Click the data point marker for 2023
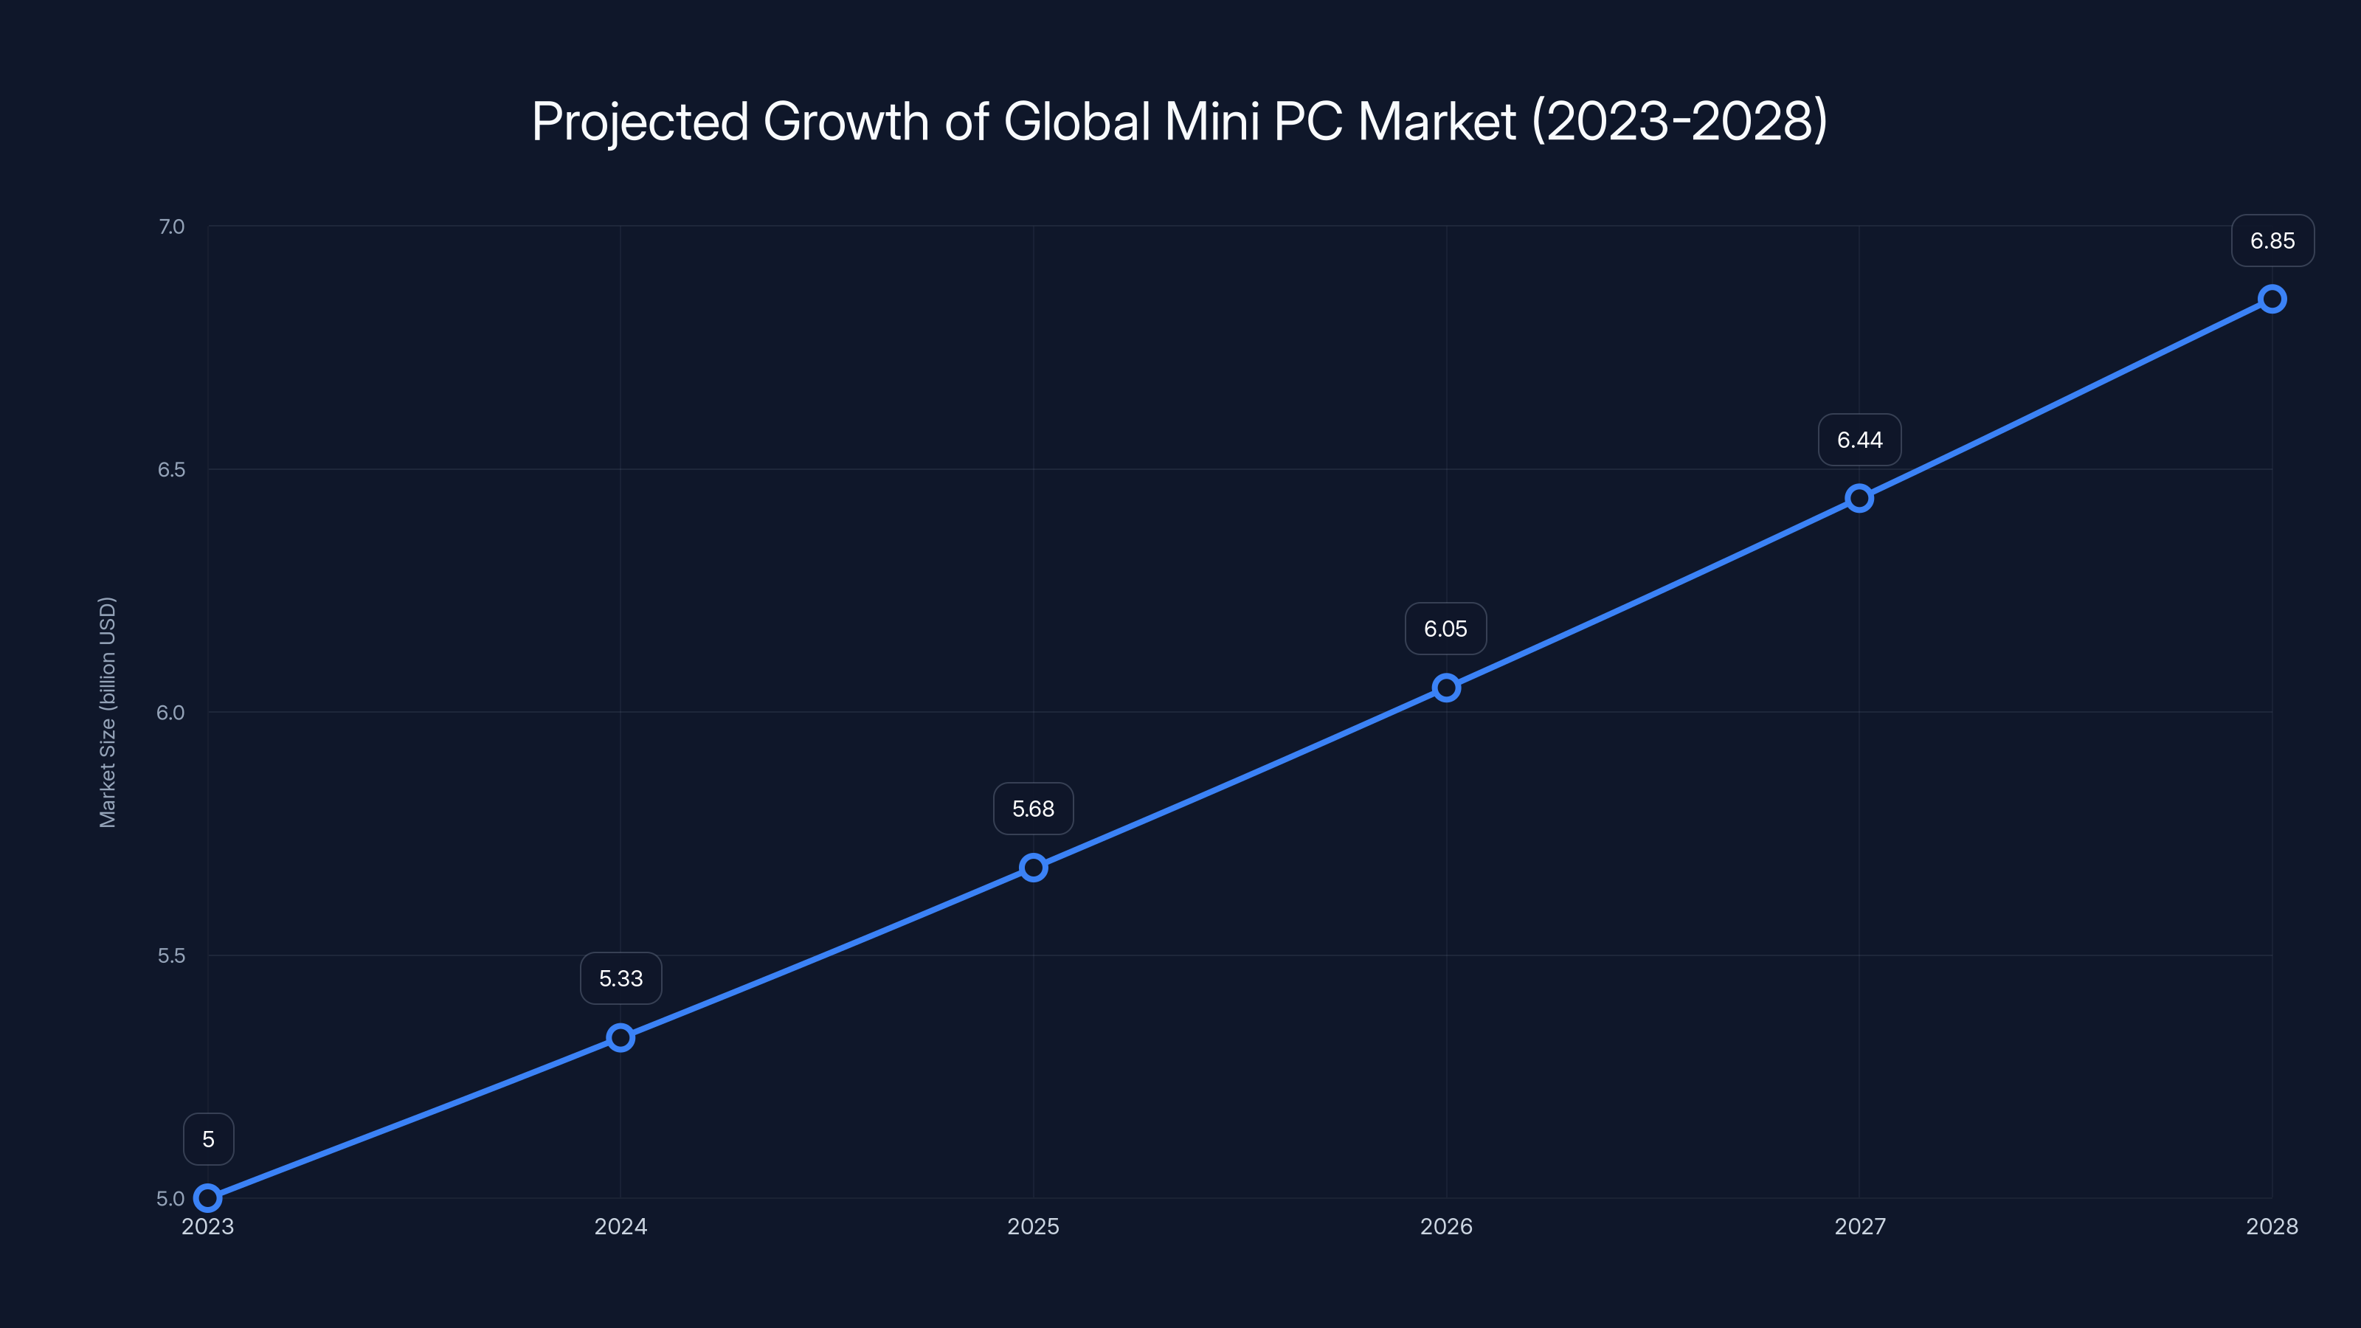click(x=208, y=1198)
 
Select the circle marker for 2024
click(x=621, y=1037)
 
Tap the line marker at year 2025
click(x=1033, y=867)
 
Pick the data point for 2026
click(x=1446, y=688)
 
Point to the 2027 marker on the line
click(x=1859, y=499)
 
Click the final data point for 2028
click(x=2272, y=299)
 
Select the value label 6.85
click(x=2272, y=241)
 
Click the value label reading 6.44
click(x=1859, y=440)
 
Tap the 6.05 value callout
click(x=1445, y=629)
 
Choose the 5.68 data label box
click(x=1033, y=809)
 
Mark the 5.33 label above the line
click(x=621, y=978)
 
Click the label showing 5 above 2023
click(x=208, y=1139)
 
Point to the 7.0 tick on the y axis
click(x=171, y=226)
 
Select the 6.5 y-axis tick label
click(x=171, y=469)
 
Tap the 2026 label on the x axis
click(x=1446, y=1226)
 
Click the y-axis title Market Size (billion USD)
click(x=107, y=712)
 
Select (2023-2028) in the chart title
click(x=1679, y=121)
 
